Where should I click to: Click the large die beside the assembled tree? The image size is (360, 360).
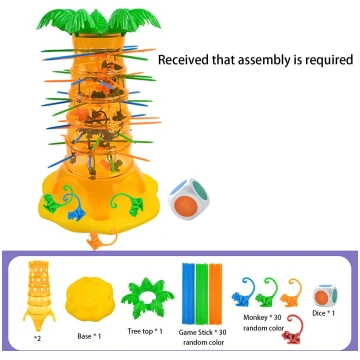click(x=189, y=199)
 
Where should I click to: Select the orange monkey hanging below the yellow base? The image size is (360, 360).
click(x=101, y=240)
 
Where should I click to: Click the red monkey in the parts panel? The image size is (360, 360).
click(x=293, y=330)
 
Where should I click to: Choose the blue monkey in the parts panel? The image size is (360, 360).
click(x=244, y=291)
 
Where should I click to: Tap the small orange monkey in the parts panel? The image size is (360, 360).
click(x=291, y=293)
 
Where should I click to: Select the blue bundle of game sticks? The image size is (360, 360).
click(x=188, y=293)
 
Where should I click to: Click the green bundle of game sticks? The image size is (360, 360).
click(x=202, y=293)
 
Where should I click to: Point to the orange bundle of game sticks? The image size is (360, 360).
click(x=215, y=293)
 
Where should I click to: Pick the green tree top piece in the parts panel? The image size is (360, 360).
click(x=147, y=298)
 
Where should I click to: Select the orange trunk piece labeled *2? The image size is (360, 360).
click(x=39, y=296)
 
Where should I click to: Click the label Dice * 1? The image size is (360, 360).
click(x=323, y=313)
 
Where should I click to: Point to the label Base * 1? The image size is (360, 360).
click(x=89, y=336)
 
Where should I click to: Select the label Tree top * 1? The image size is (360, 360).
click(x=145, y=331)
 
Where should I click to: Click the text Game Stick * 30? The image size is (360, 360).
click(x=203, y=332)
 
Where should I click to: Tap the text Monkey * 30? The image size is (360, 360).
click(x=262, y=317)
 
